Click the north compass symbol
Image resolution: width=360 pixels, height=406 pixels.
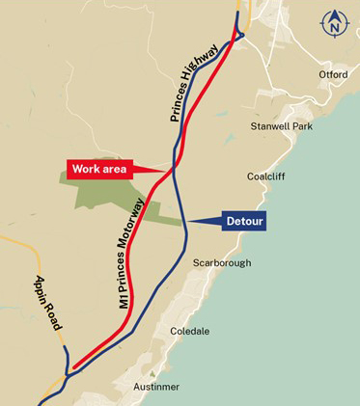click(x=335, y=22)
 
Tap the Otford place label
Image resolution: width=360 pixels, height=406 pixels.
click(x=332, y=74)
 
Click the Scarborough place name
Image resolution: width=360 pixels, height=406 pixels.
click(x=222, y=262)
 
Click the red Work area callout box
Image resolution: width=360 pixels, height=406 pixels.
click(x=98, y=168)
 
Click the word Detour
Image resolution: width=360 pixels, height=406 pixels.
click(x=244, y=221)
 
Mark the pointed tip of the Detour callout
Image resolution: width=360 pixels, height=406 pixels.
click(x=184, y=221)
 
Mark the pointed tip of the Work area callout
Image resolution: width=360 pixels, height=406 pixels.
click(x=171, y=169)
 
